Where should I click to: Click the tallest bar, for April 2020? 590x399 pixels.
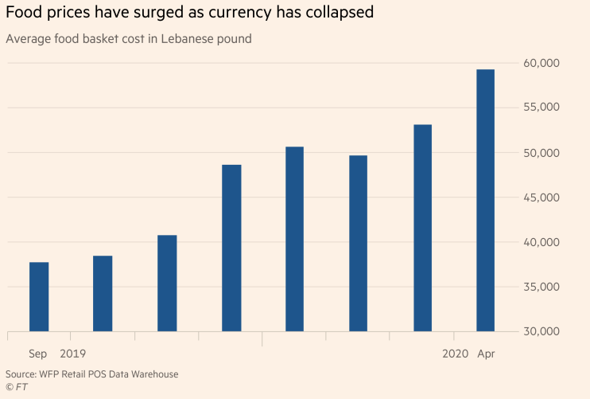point(485,201)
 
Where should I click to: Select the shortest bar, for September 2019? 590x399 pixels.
point(39,296)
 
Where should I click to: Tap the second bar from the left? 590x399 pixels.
point(103,293)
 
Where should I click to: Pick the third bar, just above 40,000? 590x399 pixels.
point(167,283)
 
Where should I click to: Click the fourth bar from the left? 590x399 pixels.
point(231,248)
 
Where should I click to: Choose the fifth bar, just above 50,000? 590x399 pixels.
point(294,239)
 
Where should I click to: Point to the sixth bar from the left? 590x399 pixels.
point(358,243)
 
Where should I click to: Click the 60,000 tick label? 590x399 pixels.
point(542,63)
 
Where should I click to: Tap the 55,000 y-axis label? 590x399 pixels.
point(542,108)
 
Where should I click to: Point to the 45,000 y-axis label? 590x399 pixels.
point(542,198)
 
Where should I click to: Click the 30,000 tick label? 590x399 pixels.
point(542,331)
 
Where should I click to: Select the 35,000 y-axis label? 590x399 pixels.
point(542,287)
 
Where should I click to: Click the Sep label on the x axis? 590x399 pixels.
point(39,353)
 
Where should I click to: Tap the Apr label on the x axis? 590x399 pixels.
point(486,353)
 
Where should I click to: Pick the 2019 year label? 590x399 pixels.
point(73,353)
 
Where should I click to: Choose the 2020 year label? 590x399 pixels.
point(455,353)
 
